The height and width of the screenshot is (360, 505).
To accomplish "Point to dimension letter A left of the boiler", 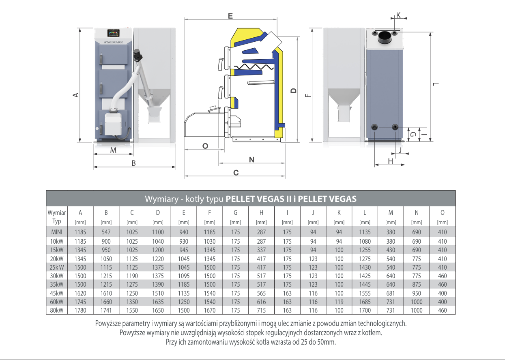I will (75, 95).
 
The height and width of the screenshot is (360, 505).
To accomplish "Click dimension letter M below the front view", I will (113, 150).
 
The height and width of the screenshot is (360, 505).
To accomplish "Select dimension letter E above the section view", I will (230, 16).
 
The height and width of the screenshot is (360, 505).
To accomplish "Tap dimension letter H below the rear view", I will (390, 161).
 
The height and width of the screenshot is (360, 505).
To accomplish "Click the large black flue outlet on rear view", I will (385, 38).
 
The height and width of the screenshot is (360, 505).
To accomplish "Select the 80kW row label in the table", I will (56, 311).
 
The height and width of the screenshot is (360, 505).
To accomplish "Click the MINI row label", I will (56, 232).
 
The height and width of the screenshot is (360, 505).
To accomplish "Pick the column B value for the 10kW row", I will (106, 241).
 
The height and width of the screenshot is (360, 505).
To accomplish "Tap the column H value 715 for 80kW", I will (261, 311).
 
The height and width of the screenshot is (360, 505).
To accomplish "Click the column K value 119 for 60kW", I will (339, 302).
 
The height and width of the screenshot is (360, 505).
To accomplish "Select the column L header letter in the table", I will (365, 212).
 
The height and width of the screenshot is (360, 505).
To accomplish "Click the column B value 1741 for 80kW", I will (106, 311).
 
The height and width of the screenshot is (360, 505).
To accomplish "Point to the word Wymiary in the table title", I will (161, 199).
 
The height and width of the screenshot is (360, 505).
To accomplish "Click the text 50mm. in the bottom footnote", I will (327, 342).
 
